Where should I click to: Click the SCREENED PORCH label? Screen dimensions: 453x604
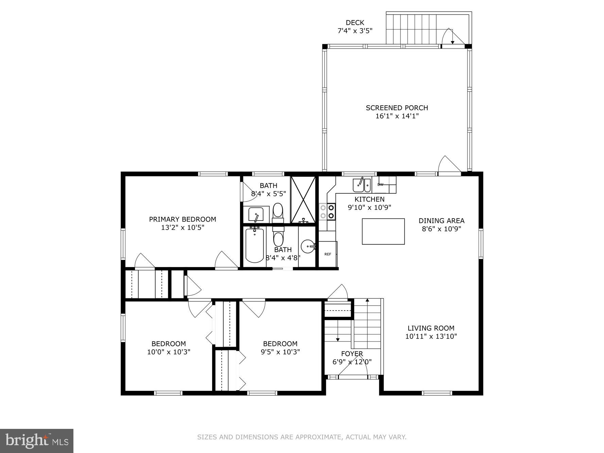point(397,108)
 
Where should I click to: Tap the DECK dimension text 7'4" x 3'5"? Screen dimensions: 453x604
point(355,31)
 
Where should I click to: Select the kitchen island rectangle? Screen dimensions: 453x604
point(383,231)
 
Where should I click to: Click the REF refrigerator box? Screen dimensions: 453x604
point(328,254)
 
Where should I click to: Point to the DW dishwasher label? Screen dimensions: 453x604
point(380,185)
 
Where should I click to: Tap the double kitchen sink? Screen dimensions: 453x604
point(362,185)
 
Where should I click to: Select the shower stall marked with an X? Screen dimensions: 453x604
point(304,199)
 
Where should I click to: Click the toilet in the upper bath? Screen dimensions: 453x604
point(278,211)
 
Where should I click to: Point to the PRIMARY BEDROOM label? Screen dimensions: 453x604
point(183,219)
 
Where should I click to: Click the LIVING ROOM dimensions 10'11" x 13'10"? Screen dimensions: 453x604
point(431,336)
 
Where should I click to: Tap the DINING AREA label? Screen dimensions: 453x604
point(441,221)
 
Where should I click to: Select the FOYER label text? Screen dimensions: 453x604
point(352,354)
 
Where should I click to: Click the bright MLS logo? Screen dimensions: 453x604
point(37,441)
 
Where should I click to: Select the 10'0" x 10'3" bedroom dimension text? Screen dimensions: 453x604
point(169,352)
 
